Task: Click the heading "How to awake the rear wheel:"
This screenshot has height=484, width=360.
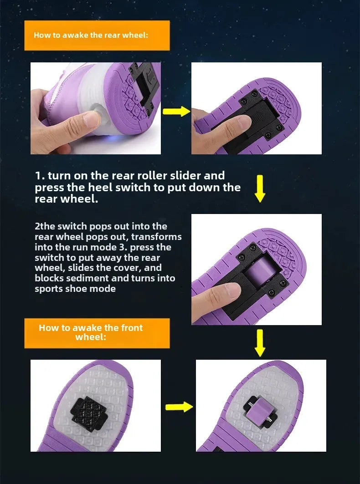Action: pos(91,35)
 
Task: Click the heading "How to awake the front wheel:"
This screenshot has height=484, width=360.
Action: pos(91,332)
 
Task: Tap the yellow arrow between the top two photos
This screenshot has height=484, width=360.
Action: pos(176,112)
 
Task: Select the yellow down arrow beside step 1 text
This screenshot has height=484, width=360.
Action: pos(260,189)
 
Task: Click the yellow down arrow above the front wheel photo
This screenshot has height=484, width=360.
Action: pos(260,343)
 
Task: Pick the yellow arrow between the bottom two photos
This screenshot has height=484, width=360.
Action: pos(179,407)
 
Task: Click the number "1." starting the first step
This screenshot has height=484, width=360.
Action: pos(40,176)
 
